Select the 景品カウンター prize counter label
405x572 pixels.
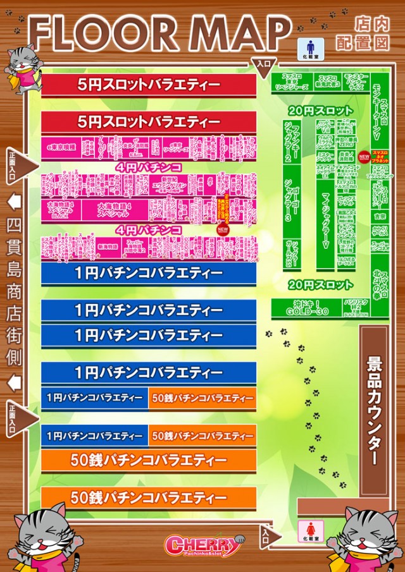(373, 411)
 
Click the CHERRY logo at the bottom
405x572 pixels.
(202, 544)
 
